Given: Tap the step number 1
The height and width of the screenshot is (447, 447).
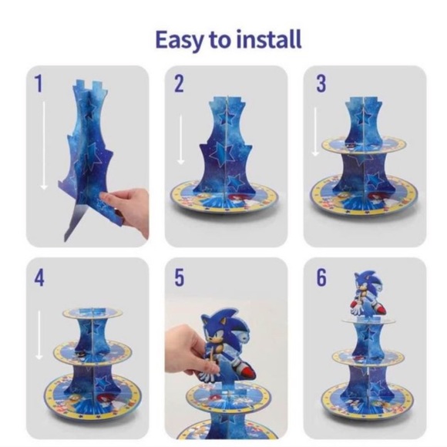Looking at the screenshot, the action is coord(39,83).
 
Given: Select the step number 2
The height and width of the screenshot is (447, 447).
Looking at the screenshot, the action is coord(179,83).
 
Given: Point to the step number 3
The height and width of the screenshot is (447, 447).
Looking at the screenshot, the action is coord(321,83).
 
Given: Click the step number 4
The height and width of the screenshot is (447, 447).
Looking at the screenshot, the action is coord(39,277).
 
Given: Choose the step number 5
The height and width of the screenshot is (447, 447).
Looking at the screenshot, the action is coord(179,277).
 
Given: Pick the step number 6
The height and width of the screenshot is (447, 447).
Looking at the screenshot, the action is coord(321,277).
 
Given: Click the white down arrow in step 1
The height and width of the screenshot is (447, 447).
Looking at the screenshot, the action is coord(44,146).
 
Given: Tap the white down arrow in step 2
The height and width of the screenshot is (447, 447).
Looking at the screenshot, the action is coord(180,139).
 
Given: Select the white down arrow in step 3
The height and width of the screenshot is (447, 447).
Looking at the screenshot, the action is coord(315,132).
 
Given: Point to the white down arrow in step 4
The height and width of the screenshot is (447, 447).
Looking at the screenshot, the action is coord(39,335).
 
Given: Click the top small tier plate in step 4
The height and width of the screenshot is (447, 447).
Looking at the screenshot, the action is coord(93,313).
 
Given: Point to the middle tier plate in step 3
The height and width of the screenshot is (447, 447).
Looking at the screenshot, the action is coord(365,146).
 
